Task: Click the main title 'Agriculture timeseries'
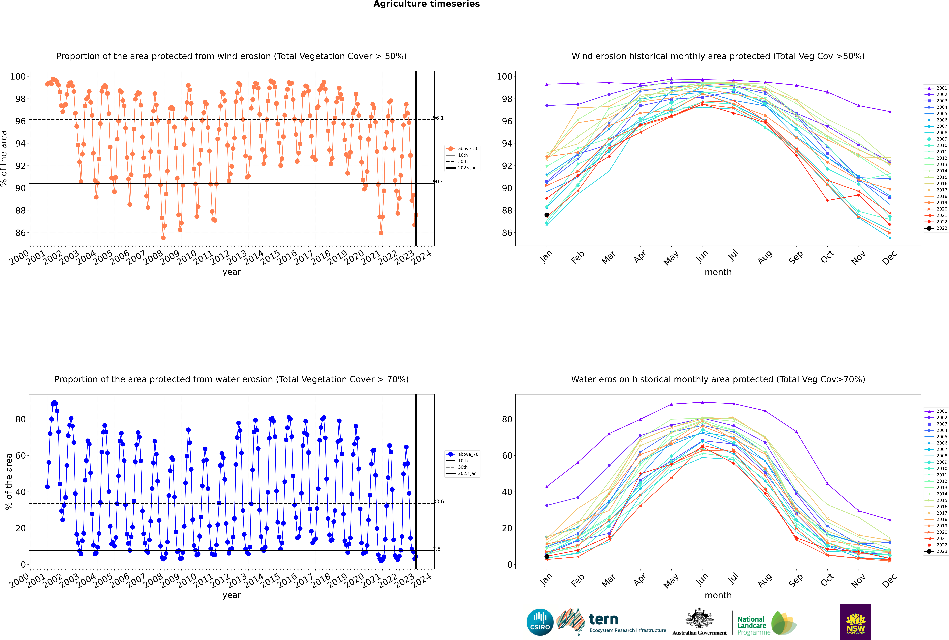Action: (x=426, y=4)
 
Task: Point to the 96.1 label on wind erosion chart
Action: (x=438, y=118)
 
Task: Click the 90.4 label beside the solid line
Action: (x=438, y=182)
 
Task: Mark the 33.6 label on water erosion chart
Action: (x=438, y=502)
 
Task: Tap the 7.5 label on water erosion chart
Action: (x=437, y=549)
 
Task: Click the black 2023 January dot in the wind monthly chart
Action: (x=547, y=215)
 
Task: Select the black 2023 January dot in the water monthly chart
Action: (x=547, y=556)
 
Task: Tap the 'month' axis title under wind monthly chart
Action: (x=718, y=272)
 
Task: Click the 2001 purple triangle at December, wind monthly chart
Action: (x=890, y=111)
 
